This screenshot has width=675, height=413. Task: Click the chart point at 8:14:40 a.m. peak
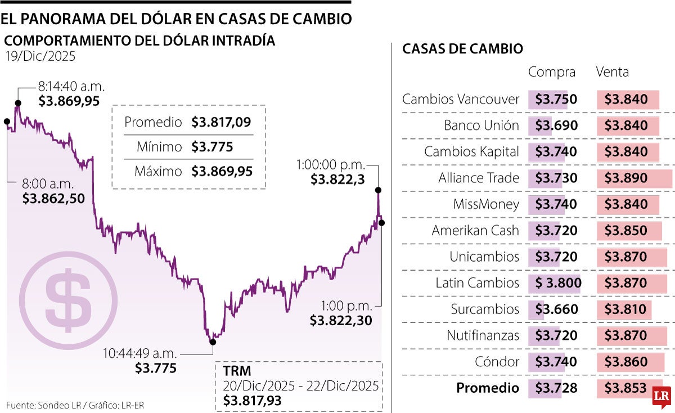[x=18, y=102]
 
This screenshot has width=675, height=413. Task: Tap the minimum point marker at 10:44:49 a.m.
[x=213, y=342]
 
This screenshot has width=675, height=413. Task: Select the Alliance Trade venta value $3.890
[x=626, y=178]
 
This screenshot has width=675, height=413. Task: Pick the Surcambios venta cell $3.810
[x=626, y=309]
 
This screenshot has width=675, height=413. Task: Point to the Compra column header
[x=552, y=72]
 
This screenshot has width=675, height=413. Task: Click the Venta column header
[x=612, y=72]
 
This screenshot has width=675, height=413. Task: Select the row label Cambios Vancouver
[x=461, y=100]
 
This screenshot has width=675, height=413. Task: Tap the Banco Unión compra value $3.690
[x=556, y=126]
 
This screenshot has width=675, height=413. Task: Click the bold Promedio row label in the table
[x=487, y=388]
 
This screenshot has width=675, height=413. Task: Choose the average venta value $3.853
[x=626, y=388]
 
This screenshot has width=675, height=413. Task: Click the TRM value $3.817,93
[x=252, y=401]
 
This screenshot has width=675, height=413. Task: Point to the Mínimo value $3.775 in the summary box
[x=212, y=147]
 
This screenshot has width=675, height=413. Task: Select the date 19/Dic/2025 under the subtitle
[x=40, y=56]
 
